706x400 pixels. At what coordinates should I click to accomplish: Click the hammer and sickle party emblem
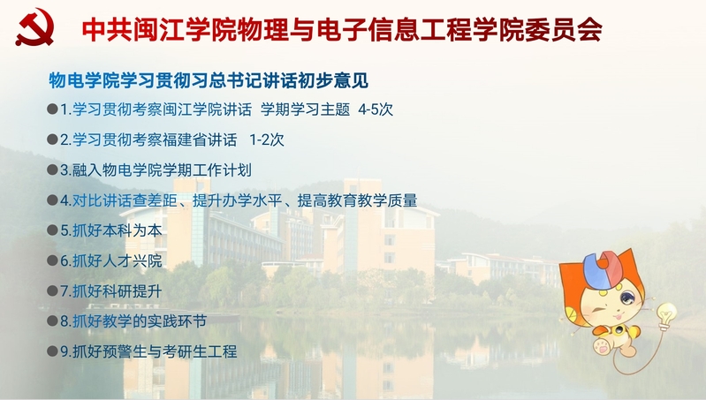tap(34, 27)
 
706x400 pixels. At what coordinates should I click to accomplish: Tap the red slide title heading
tap(342, 30)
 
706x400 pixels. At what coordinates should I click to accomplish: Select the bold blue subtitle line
tap(209, 80)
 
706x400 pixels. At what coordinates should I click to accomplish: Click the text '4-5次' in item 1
tap(376, 109)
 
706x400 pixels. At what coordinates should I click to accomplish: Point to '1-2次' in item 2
tap(267, 140)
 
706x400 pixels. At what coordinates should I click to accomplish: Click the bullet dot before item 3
tap(52, 170)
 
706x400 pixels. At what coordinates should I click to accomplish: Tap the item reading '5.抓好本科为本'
tap(111, 230)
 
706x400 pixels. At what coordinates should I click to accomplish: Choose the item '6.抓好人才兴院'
tap(111, 260)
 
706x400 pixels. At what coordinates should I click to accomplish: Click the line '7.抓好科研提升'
tap(111, 291)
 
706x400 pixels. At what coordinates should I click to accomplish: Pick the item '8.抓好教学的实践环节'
tap(133, 321)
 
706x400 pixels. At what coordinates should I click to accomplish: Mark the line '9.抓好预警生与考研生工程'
tap(148, 351)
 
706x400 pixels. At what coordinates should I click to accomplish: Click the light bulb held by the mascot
tap(665, 315)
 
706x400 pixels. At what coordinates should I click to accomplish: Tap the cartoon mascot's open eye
tap(626, 298)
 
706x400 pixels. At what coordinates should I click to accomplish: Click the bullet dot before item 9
tap(52, 351)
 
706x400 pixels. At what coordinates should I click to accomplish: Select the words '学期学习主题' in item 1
tap(305, 109)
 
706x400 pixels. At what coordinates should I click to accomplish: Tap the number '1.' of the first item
tap(66, 109)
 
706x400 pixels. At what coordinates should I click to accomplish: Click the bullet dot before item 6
tap(52, 260)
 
